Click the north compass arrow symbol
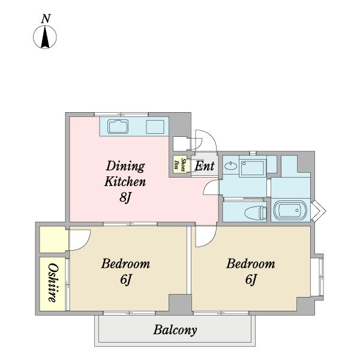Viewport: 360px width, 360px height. click(45, 37)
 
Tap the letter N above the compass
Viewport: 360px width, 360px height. click(46, 19)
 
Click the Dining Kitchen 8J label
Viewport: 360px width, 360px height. click(125, 181)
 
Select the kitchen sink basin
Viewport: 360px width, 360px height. click(118, 126)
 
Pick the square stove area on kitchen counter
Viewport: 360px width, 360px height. click(155, 127)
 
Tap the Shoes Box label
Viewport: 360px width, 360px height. click(180, 165)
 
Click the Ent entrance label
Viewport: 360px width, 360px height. click(205, 166)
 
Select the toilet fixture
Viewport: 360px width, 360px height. click(256, 212)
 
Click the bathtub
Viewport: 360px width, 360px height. click(290, 211)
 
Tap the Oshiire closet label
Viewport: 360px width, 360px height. click(53, 283)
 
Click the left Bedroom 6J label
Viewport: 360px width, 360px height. click(125, 271)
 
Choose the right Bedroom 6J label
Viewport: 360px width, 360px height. click(251, 271)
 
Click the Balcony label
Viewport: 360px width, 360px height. click(175, 330)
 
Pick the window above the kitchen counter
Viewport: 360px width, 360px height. click(121, 114)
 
